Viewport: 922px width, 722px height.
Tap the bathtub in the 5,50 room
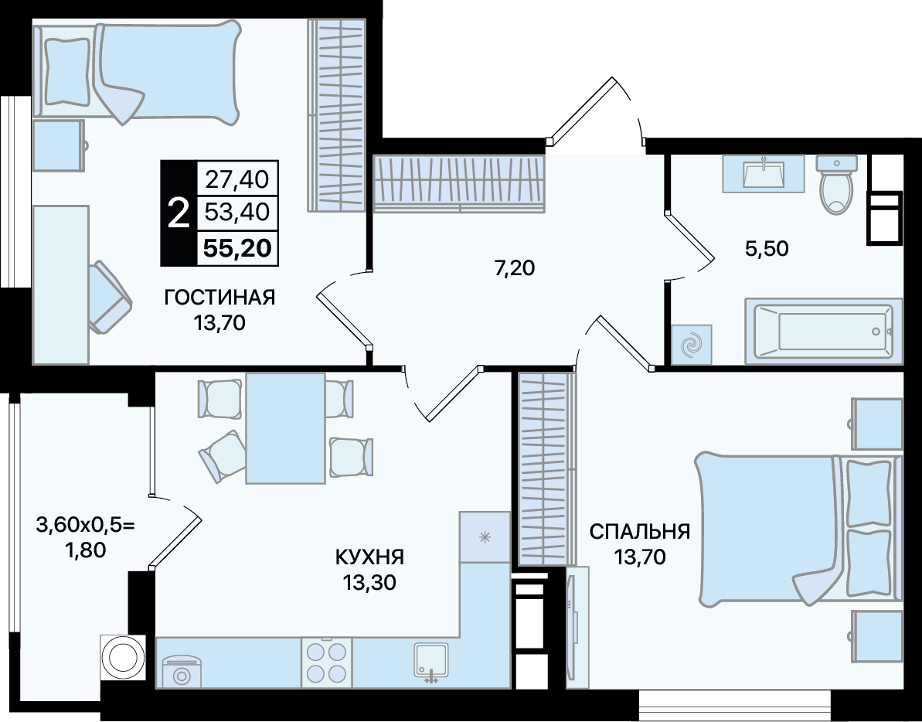(823, 331)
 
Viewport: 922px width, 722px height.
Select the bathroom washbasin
(764, 173)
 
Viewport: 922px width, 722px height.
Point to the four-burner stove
(327, 662)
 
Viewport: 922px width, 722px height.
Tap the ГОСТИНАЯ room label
(220, 298)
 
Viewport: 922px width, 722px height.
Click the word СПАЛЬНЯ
(640, 532)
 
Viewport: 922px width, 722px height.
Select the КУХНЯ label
(369, 557)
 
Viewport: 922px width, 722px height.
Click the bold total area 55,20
(237, 248)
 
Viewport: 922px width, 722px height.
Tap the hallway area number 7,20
(514, 268)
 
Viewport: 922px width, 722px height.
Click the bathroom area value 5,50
(767, 249)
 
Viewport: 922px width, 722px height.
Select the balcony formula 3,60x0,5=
(86, 524)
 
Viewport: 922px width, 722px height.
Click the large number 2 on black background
(179, 213)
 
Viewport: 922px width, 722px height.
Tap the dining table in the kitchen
(286, 428)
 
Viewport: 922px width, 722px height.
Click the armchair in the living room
(110, 296)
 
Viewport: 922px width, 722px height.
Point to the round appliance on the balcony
(123, 657)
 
